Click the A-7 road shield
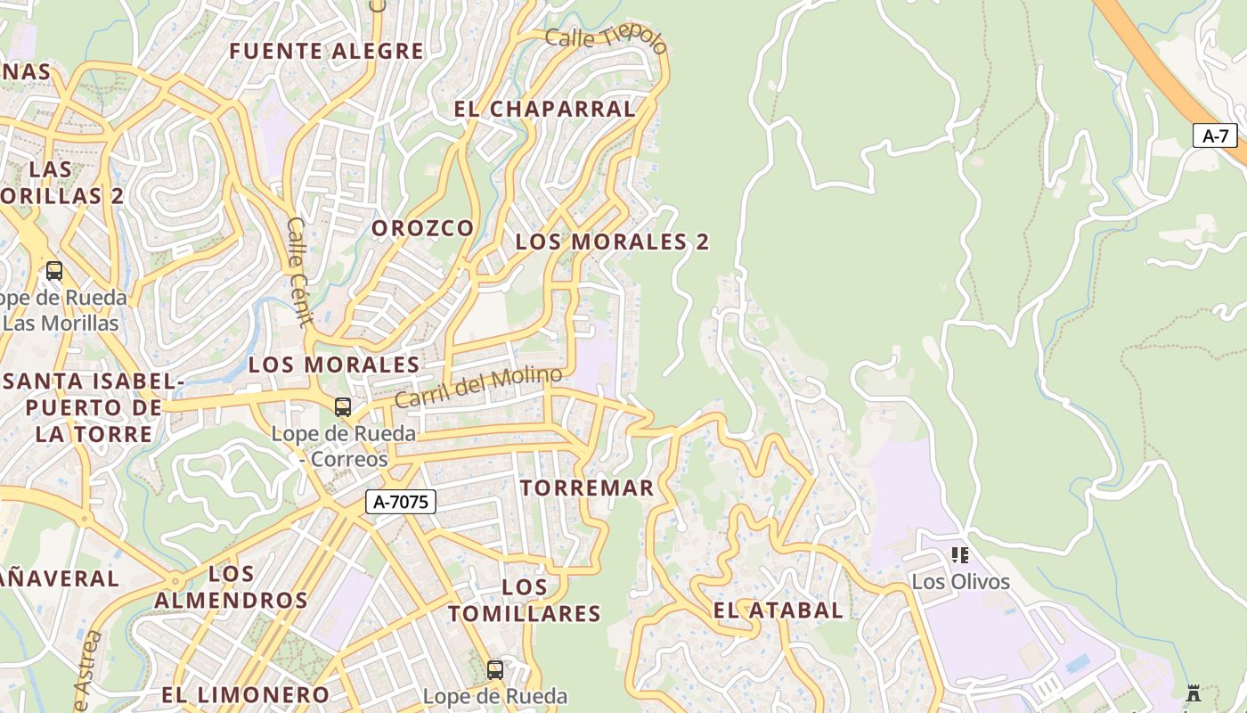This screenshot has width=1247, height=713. (x=1215, y=136)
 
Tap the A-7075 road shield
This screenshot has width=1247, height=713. (x=401, y=502)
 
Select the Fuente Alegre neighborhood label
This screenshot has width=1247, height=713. (x=326, y=51)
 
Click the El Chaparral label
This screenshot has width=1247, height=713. (x=544, y=109)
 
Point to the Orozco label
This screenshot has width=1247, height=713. (x=422, y=228)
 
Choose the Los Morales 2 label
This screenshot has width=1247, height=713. (x=612, y=242)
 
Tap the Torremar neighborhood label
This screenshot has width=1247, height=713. (x=587, y=488)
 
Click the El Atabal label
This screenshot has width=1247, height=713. (x=778, y=611)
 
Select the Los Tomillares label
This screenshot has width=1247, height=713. (x=525, y=600)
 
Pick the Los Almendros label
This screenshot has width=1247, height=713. (x=231, y=586)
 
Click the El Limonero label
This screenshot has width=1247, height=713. (x=246, y=694)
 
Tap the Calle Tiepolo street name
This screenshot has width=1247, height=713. (x=606, y=40)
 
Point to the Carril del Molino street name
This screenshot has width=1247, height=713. (x=477, y=387)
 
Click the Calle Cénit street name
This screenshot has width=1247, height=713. (x=297, y=273)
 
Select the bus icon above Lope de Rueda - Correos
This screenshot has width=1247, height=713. (x=343, y=407)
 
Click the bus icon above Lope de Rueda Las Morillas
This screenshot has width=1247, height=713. (x=54, y=271)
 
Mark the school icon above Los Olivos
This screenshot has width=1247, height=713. (x=960, y=555)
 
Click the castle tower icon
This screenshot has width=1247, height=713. (x=1194, y=693)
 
